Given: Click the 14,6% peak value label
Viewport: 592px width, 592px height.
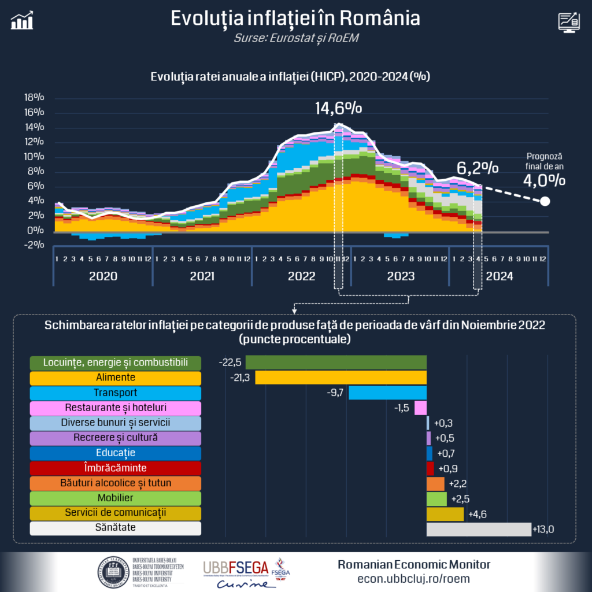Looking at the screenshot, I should (x=338, y=108).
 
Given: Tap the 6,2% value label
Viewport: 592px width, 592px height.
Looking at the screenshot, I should (x=478, y=168).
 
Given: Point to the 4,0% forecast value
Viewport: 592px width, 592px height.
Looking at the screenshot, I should (x=544, y=180).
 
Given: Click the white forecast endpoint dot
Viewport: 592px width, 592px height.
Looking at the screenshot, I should (x=545, y=202).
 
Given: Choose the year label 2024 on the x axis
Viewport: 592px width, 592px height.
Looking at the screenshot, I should (x=499, y=276).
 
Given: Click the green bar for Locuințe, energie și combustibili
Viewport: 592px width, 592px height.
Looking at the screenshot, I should (x=336, y=362).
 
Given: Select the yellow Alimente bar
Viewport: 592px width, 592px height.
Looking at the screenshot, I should (x=341, y=378).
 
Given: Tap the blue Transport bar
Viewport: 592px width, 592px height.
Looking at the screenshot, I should (x=387, y=393).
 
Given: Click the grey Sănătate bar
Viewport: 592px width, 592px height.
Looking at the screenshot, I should (x=479, y=529).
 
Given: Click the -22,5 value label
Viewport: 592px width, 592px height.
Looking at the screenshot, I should (x=231, y=362).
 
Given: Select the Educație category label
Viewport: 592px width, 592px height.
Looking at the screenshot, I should (x=115, y=453).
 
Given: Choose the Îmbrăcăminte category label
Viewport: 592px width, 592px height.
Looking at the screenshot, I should (x=115, y=468).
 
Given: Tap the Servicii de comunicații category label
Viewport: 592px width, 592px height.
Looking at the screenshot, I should (x=115, y=513).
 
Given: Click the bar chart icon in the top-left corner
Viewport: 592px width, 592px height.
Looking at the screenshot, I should (x=22, y=21).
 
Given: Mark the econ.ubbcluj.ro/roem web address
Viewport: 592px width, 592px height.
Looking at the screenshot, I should (x=413, y=578).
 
